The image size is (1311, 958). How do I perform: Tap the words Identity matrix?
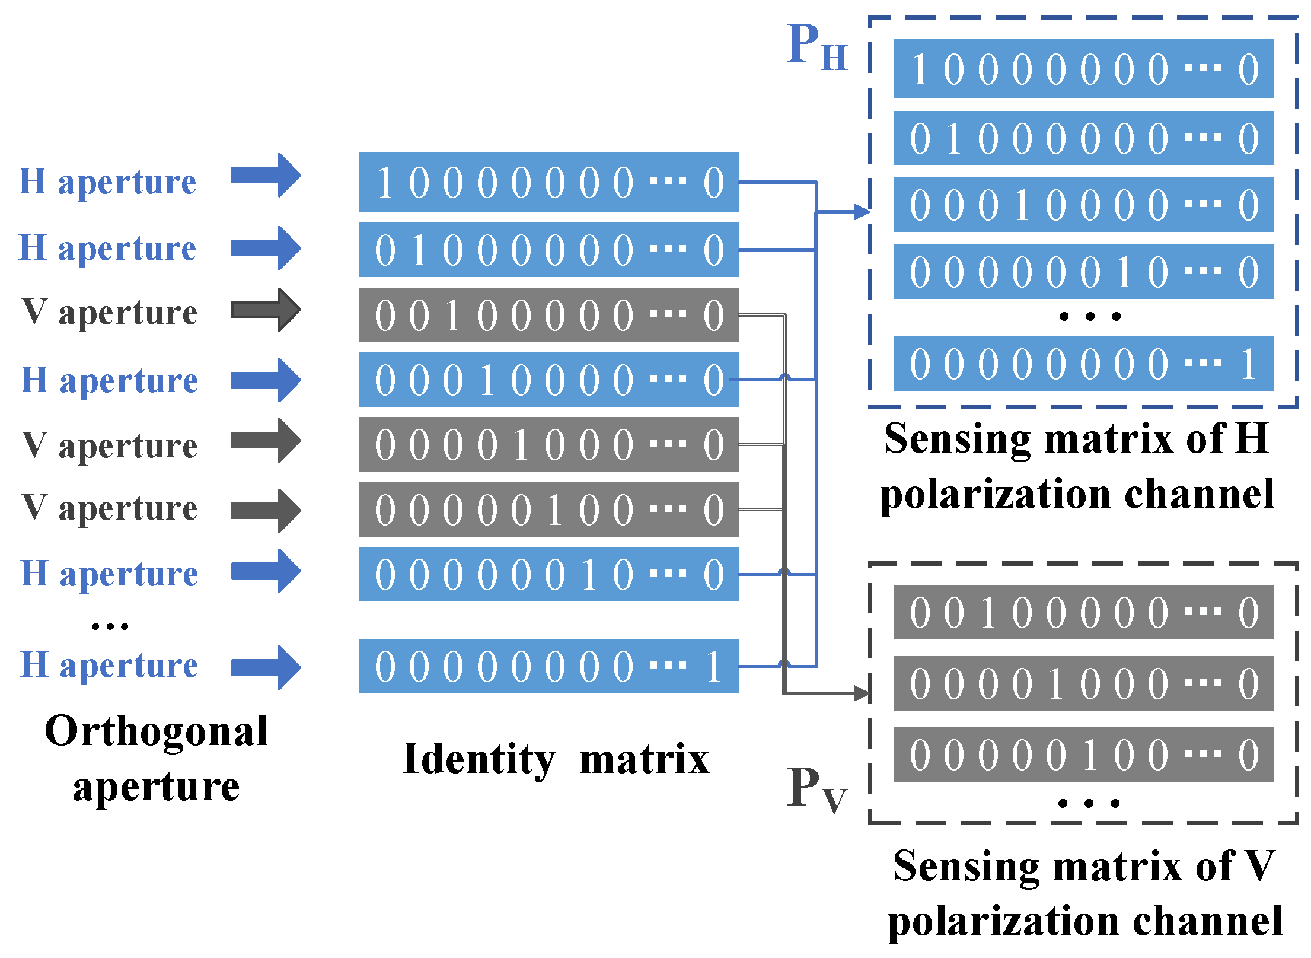556,759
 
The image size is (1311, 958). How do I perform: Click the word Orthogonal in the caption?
156,731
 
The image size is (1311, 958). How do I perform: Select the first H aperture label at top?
107,182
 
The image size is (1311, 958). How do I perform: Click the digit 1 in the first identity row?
384,183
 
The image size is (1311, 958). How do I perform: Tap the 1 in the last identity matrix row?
713,667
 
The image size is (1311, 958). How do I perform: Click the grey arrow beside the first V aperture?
266,310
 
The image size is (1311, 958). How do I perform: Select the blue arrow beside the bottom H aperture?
266,667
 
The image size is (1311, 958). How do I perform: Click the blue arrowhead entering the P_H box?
862,211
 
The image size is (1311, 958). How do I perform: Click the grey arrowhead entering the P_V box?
862,692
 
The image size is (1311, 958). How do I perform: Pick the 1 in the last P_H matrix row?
1248,364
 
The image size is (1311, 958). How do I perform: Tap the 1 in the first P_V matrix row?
987,613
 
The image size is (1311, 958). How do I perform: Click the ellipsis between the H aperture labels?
110,626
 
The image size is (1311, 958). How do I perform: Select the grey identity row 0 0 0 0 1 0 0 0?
548,445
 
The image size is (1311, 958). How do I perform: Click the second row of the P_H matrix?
1083,139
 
